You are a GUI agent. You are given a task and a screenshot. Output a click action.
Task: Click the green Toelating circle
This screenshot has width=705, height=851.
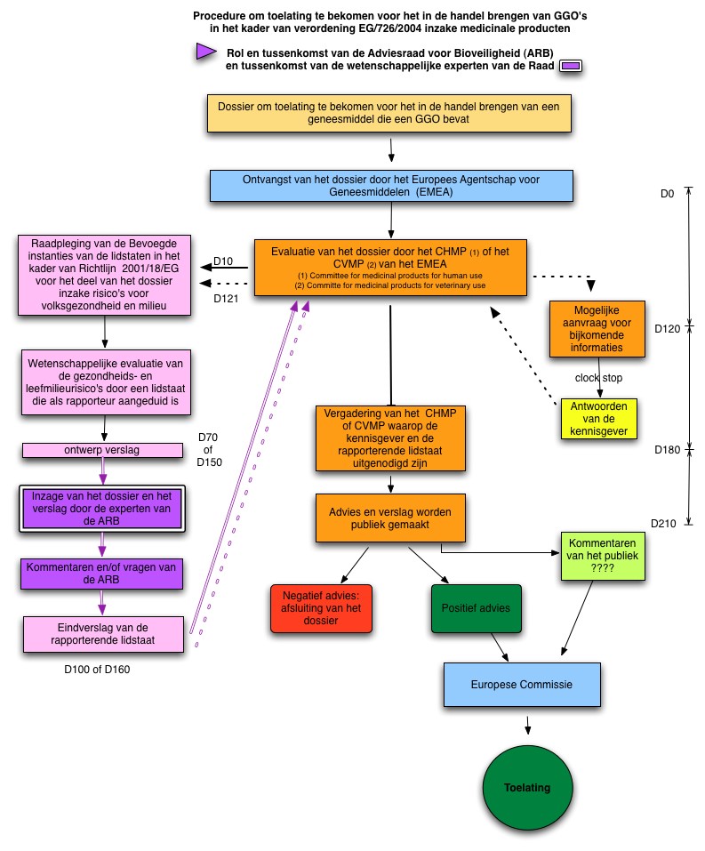click(x=527, y=788)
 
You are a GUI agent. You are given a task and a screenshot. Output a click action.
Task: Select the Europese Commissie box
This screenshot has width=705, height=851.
click(x=522, y=685)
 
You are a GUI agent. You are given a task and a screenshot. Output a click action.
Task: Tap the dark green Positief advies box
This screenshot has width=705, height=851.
click(x=476, y=608)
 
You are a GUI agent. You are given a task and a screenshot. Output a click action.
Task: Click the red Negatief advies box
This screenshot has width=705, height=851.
click(x=321, y=608)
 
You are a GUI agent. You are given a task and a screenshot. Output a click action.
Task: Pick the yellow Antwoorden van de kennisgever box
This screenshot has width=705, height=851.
click(x=598, y=419)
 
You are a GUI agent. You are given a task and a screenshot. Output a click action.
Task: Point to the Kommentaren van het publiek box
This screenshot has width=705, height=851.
click(x=603, y=556)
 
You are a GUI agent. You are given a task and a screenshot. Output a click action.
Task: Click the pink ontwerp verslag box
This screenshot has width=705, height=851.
click(x=102, y=450)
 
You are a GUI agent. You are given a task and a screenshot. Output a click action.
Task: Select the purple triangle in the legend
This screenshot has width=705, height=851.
click(x=206, y=52)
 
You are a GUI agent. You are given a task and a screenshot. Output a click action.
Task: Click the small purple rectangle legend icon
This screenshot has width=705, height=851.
click(x=571, y=66)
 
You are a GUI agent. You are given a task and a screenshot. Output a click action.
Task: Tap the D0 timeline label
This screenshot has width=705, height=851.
click(x=667, y=194)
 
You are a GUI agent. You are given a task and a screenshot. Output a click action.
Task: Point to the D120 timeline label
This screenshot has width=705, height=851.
click(x=667, y=328)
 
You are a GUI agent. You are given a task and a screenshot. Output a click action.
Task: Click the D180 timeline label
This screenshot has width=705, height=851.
click(x=667, y=449)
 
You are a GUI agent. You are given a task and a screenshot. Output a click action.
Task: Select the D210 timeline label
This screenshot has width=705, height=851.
click(x=663, y=523)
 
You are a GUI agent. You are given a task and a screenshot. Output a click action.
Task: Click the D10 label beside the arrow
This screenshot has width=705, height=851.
click(x=223, y=261)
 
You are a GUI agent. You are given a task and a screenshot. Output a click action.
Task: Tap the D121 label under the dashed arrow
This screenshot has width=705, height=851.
click(x=226, y=298)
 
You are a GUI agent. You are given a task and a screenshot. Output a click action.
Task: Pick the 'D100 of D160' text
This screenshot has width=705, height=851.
click(x=97, y=670)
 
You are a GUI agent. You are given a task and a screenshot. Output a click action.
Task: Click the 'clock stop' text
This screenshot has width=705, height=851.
click(x=598, y=378)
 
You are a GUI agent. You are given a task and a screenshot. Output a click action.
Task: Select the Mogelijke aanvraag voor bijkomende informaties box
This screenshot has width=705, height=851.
click(x=597, y=329)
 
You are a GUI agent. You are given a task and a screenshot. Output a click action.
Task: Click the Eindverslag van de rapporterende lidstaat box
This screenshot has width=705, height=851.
click(x=103, y=634)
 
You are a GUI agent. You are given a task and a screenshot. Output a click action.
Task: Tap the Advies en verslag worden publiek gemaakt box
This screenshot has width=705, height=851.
click(x=390, y=518)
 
